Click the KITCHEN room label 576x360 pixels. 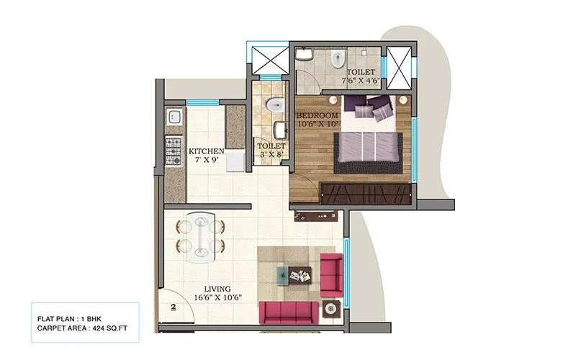pyautogui.click(x=206, y=151)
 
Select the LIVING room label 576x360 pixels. pyautogui.click(x=210, y=287)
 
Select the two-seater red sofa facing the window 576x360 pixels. pyautogui.click(x=330, y=271)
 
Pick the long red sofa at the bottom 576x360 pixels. pyautogui.click(x=288, y=312)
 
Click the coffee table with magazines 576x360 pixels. pyautogui.click(x=294, y=274)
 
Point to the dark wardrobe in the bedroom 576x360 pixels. pyautogui.click(x=366, y=192)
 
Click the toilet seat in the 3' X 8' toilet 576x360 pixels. pyautogui.click(x=271, y=107)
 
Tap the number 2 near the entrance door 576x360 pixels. pyautogui.click(x=174, y=307)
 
